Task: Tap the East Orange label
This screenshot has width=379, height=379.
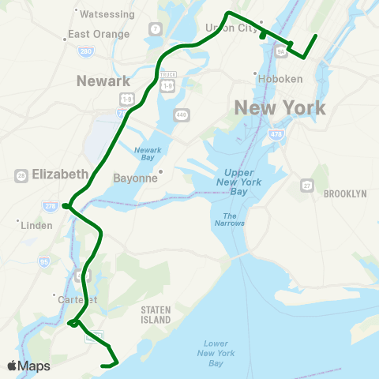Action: [x=98, y=34]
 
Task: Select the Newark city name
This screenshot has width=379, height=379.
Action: [x=103, y=81]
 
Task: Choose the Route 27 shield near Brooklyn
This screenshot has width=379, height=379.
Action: [x=307, y=186]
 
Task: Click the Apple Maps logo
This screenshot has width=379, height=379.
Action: [x=29, y=366]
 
